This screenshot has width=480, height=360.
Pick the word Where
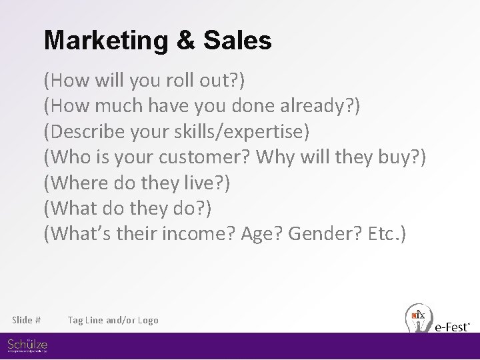[76, 183]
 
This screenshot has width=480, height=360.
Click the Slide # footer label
[27, 321]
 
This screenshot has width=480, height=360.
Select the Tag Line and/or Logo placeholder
[113, 321]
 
